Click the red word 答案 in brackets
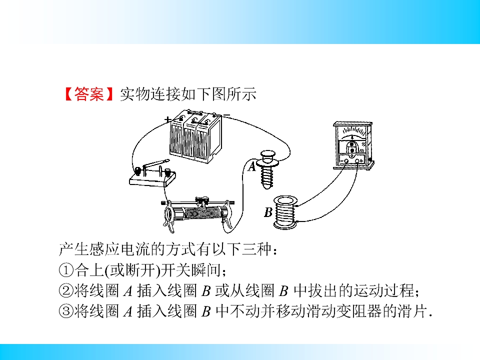click(x=89, y=94)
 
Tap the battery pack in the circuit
click(x=195, y=136)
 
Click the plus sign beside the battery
click(x=167, y=119)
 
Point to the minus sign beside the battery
click(x=226, y=115)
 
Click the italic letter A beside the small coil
click(x=251, y=167)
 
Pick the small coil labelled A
click(x=267, y=169)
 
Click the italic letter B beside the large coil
click(x=268, y=212)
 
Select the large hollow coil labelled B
click(x=285, y=212)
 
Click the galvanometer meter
click(x=353, y=145)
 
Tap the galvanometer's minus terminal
click(x=346, y=161)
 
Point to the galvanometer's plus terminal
click(x=357, y=161)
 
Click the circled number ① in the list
click(x=66, y=270)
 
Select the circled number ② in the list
click(x=66, y=291)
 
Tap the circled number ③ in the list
click(x=66, y=311)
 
